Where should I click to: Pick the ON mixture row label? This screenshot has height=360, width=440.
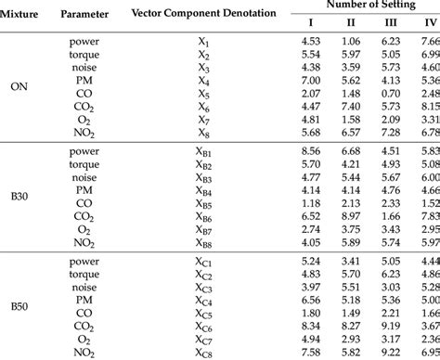click(19, 87)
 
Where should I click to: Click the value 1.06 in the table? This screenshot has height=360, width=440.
click(350, 40)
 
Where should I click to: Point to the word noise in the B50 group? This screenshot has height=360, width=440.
click(87, 287)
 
